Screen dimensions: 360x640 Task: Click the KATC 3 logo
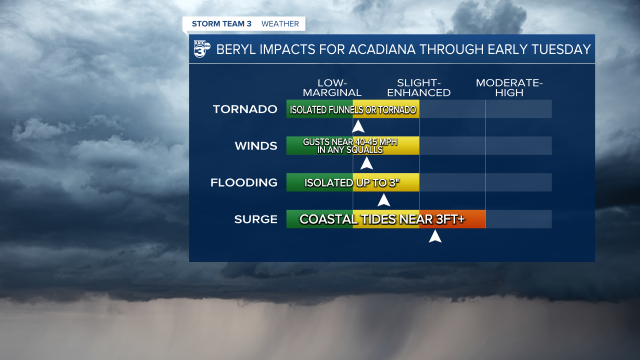pyautogui.click(x=201, y=49)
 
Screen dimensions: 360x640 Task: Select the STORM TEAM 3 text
pyautogui.click(x=222, y=24)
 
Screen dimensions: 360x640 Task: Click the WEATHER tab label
pyautogui.click(x=280, y=24)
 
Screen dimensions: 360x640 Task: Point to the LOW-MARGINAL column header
pyautogui.click(x=332, y=88)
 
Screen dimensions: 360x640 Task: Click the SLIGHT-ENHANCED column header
pyautogui.click(x=419, y=88)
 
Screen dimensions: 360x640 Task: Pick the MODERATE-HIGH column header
pyautogui.click(x=509, y=88)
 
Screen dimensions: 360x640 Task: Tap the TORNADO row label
pyautogui.click(x=245, y=109)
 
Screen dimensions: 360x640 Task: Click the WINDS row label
pyautogui.click(x=256, y=146)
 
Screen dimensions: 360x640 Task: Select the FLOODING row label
pyautogui.click(x=244, y=182)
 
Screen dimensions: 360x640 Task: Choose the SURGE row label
pyautogui.click(x=256, y=219)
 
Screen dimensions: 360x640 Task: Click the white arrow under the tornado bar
pyautogui.click(x=358, y=126)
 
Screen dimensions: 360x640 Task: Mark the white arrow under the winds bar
pyautogui.click(x=366, y=163)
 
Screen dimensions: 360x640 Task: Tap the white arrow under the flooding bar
pyautogui.click(x=383, y=200)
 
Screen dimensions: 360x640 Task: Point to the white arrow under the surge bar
pyautogui.click(x=435, y=236)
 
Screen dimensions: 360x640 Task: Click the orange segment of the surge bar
pyautogui.click(x=475, y=219)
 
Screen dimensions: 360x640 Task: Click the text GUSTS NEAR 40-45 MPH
pyautogui.click(x=350, y=142)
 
